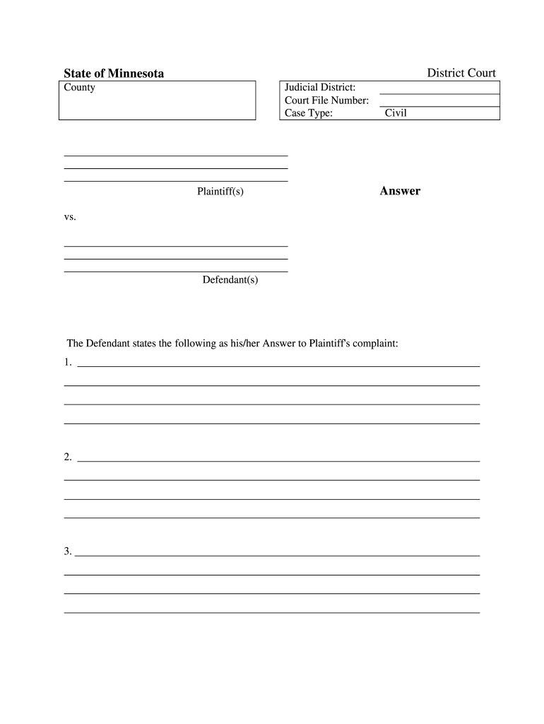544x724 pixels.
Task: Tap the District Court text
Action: (x=461, y=73)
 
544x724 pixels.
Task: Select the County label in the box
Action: (x=79, y=88)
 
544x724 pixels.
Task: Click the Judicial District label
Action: (x=320, y=88)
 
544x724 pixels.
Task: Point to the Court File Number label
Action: (x=326, y=100)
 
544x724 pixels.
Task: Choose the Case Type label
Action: (x=308, y=113)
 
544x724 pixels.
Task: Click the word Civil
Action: (x=396, y=113)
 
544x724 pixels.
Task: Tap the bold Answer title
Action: (x=400, y=191)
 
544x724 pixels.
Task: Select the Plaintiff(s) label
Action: (x=220, y=192)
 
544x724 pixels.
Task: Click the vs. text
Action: (x=70, y=217)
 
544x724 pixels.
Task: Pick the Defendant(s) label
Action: (x=230, y=280)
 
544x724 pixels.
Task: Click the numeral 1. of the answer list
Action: (x=68, y=363)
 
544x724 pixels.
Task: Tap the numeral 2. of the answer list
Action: (x=68, y=457)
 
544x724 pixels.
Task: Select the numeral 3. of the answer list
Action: (x=68, y=552)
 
